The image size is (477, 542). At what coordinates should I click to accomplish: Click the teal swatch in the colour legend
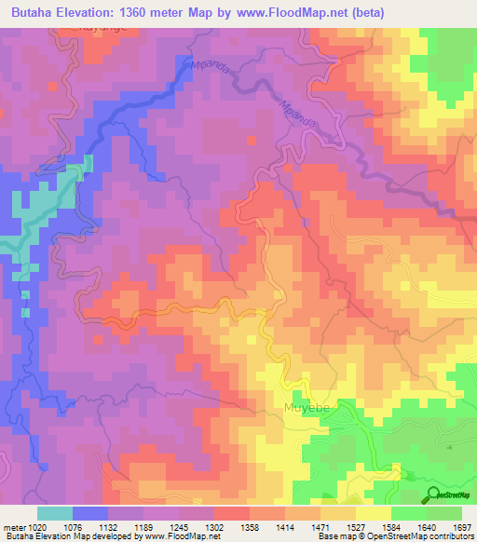coord(55,513)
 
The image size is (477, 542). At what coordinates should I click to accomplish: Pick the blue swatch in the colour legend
coord(90,513)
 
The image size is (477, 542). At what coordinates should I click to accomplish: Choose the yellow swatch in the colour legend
coord(374,513)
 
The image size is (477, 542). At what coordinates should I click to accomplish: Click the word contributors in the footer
coord(451,537)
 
